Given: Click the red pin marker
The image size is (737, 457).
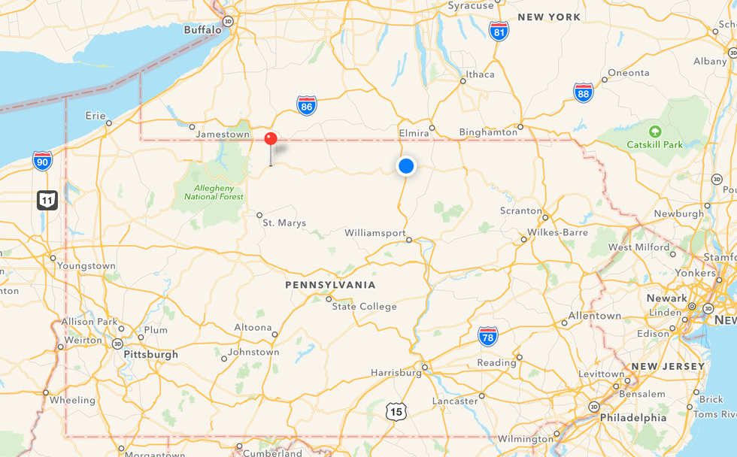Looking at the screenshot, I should [x=271, y=139].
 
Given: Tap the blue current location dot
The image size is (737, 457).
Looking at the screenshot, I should [x=406, y=166].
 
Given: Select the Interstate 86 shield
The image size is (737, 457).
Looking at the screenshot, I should [x=306, y=105].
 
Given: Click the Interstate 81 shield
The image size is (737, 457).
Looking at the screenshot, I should [x=499, y=31].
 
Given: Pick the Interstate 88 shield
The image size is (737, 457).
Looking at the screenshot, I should [x=584, y=92].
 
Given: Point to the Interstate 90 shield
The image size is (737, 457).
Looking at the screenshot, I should [x=43, y=160].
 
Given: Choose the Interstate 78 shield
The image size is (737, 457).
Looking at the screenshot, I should [x=488, y=336].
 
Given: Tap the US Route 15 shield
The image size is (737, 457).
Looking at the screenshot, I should [x=396, y=410].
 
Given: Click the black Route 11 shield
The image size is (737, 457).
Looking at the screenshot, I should [x=47, y=200].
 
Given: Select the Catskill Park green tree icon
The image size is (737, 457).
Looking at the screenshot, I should [x=654, y=131].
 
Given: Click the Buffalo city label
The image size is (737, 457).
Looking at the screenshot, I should [x=202, y=30].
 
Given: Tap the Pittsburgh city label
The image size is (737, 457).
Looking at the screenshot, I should [x=150, y=354].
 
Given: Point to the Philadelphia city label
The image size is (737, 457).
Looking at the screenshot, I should [x=632, y=417].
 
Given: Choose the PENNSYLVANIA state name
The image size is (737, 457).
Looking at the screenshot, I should [x=330, y=285].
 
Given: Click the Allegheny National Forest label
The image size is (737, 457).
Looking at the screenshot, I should [x=214, y=192].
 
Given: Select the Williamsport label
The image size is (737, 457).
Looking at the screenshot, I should [x=375, y=233].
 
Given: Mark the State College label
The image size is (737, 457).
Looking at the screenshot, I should [x=364, y=306].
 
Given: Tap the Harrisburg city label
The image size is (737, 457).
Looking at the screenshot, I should [x=396, y=372].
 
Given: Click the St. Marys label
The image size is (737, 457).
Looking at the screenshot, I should [x=284, y=222].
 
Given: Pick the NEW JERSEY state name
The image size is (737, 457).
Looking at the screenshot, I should [x=668, y=366].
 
